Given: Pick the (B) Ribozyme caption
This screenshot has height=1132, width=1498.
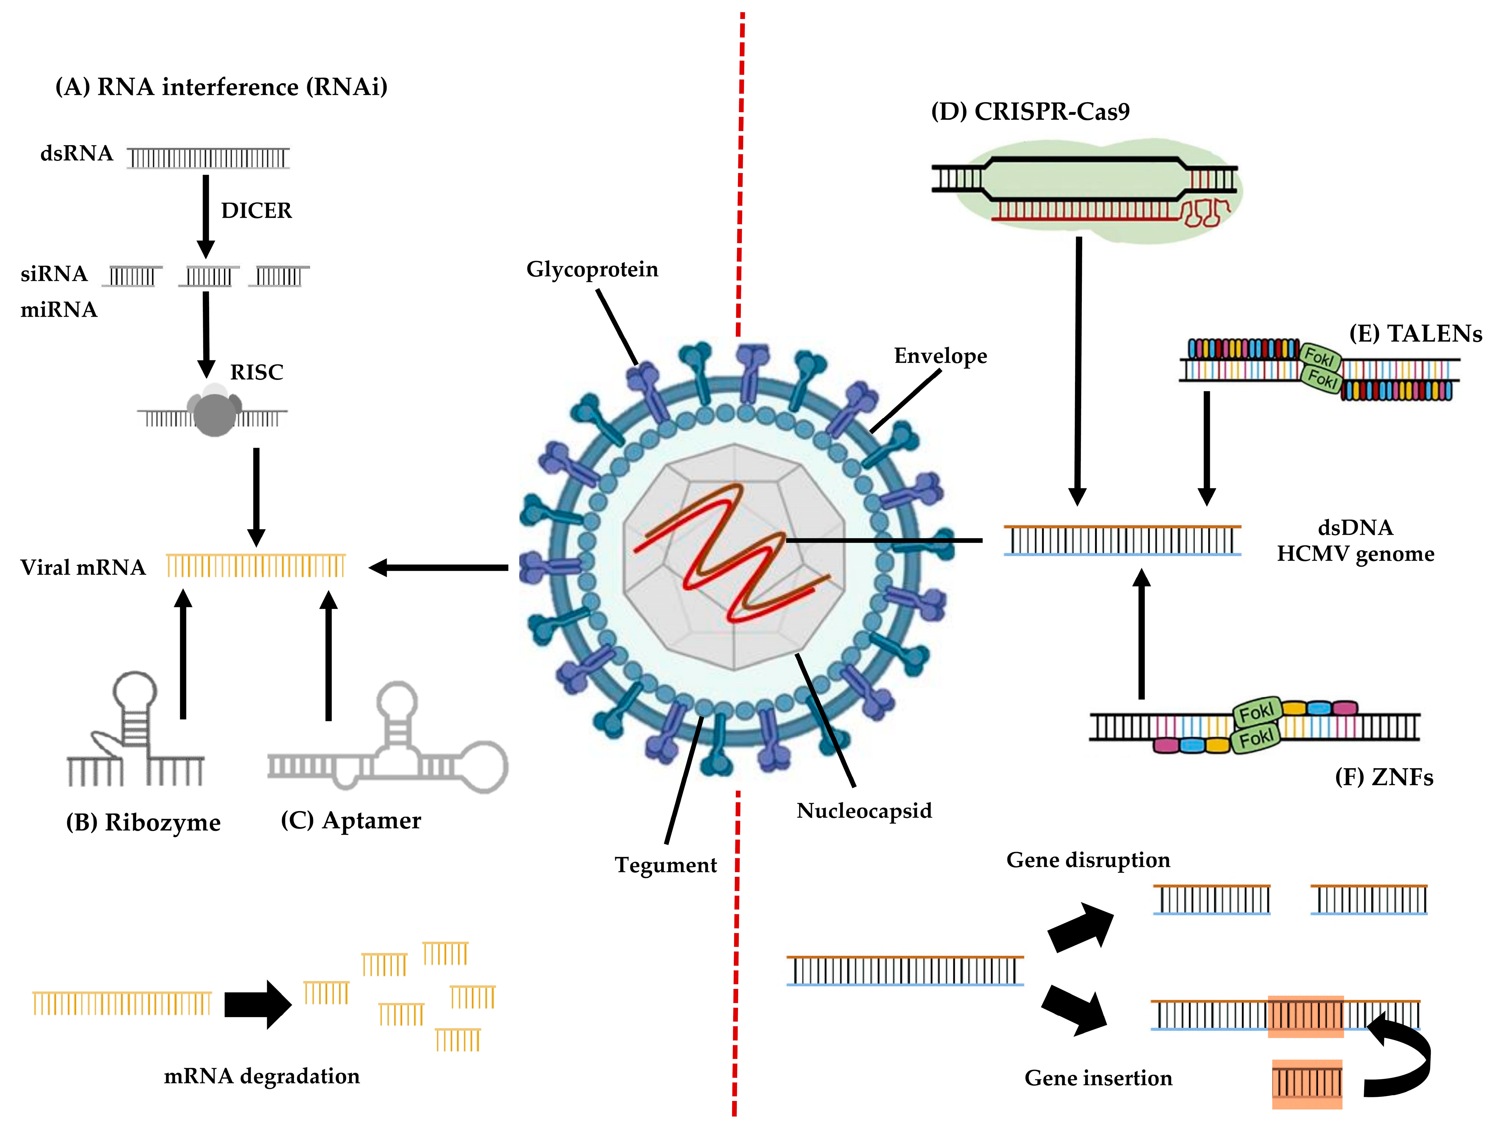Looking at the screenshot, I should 143,823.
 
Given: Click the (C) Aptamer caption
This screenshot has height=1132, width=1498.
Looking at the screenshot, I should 351,820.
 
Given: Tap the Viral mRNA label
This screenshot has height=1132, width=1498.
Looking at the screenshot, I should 83,567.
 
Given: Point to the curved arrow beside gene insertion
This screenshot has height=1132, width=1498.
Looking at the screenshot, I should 1405,1056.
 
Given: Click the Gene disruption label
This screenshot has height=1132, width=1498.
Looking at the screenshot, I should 1088,860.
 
